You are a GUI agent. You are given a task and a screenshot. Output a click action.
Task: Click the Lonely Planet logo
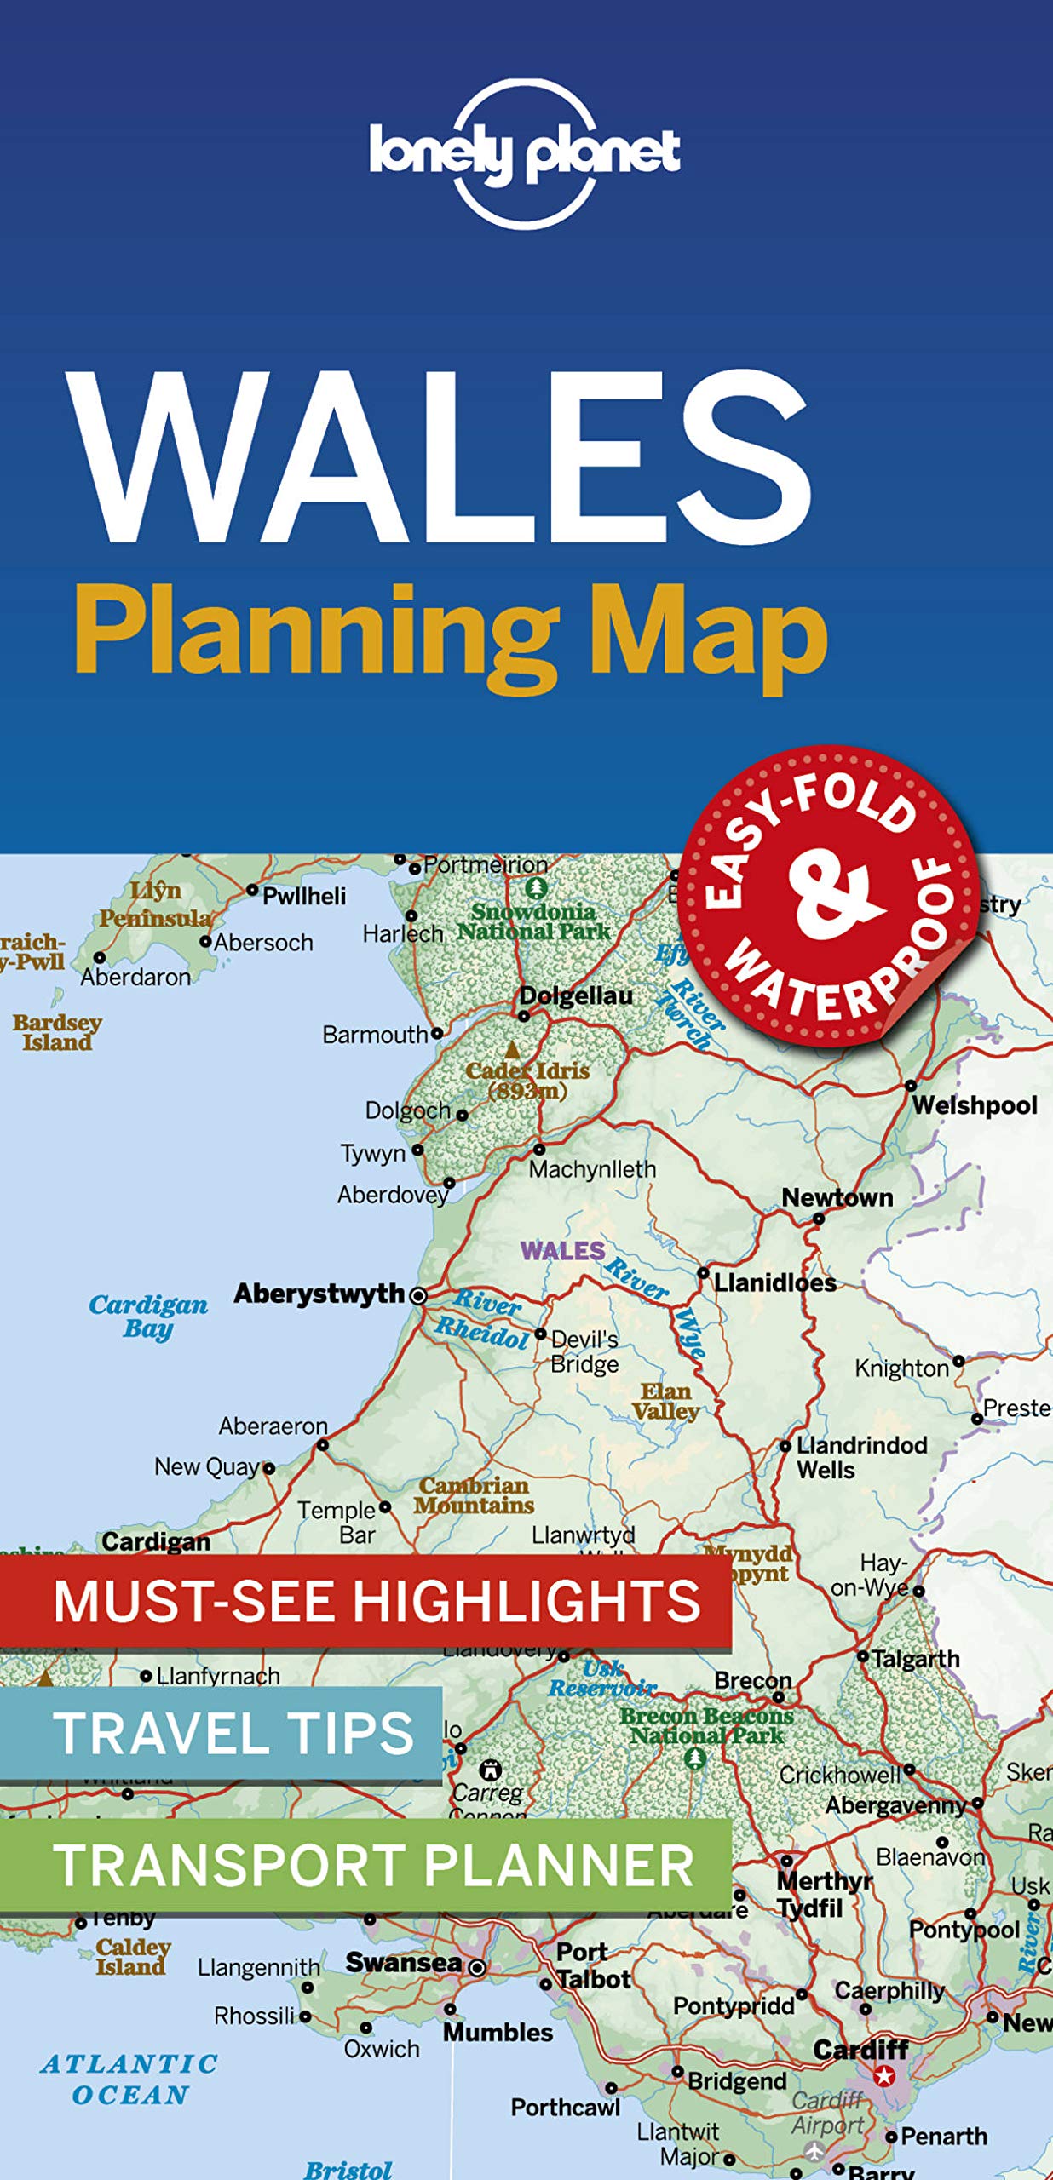(x=524, y=154)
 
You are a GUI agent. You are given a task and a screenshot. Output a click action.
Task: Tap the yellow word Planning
(x=315, y=634)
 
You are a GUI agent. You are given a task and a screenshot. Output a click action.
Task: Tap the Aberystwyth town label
(x=319, y=1294)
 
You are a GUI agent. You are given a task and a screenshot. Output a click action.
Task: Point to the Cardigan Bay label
(x=148, y=1317)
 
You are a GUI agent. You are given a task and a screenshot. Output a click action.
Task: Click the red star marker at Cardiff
(x=885, y=2075)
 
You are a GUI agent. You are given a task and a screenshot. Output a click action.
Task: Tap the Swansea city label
(x=403, y=1962)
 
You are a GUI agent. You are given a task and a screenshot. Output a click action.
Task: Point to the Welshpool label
(x=975, y=1105)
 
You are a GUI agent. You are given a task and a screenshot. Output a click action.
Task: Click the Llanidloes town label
(x=774, y=1282)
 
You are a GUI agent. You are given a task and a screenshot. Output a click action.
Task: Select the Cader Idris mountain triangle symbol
(x=512, y=1049)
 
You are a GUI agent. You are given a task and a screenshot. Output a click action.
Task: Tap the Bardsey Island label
(x=57, y=1032)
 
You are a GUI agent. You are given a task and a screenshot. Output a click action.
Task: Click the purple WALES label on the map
(x=562, y=1251)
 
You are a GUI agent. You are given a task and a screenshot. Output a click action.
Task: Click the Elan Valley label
(x=665, y=1402)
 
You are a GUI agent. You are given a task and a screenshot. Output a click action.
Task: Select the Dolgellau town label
(x=576, y=995)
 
